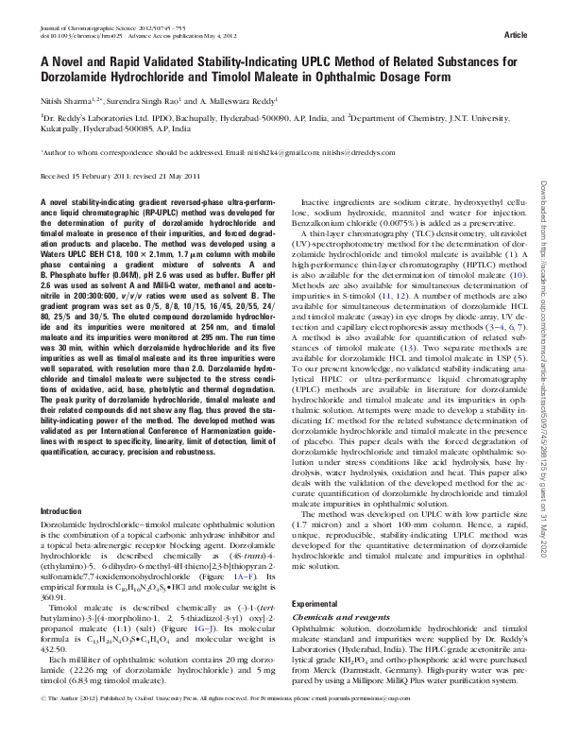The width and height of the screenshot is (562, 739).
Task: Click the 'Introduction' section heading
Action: click(58, 510)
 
